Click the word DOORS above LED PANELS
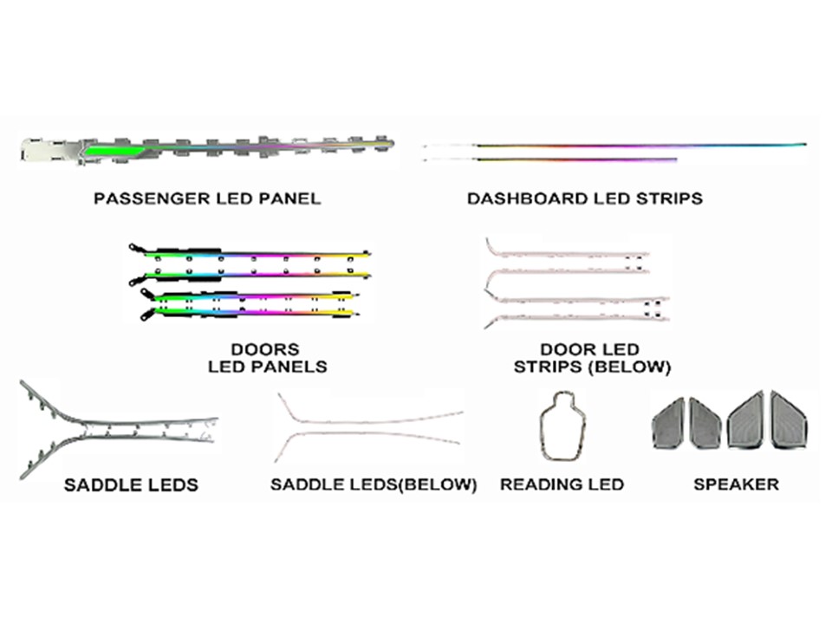[x=265, y=349]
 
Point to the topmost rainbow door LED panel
[x=250, y=253]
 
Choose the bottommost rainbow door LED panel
[x=250, y=313]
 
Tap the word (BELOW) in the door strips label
[x=633, y=367]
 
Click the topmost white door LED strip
[x=567, y=253]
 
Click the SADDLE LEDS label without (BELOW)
[x=131, y=484]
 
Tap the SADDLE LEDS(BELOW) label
[x=374, y=484]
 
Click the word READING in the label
[x=539, y=484]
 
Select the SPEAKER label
[x=737, y=484]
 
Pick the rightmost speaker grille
[x=789, y=421]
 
